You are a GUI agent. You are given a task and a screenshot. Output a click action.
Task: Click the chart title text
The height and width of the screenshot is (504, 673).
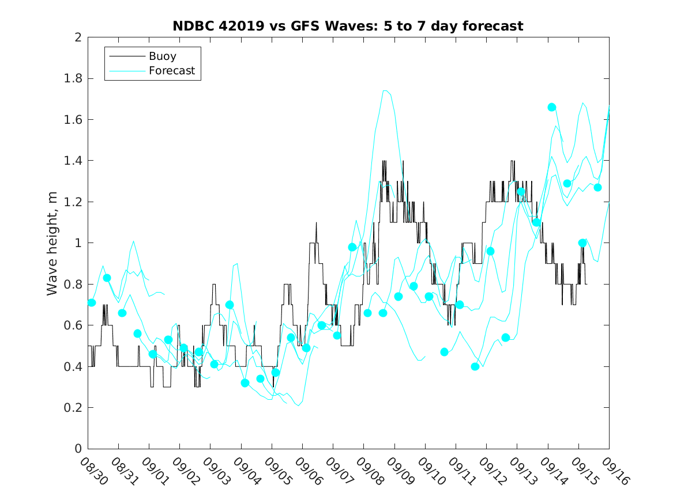[348, 26]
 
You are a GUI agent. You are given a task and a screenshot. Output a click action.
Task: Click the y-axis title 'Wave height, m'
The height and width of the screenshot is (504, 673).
[53, 243]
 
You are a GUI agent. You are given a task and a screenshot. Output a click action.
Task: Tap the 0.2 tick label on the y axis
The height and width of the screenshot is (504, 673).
[73, 408]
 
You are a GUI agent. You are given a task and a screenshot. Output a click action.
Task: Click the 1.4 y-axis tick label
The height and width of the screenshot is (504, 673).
[73, 161]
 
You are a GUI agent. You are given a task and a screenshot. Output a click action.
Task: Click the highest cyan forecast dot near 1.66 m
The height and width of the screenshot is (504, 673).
[552, 107]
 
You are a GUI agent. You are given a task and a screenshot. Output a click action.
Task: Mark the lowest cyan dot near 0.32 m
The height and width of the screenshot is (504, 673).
[245, 383]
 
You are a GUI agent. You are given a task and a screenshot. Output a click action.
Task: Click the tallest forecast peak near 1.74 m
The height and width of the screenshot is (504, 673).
[385, 90]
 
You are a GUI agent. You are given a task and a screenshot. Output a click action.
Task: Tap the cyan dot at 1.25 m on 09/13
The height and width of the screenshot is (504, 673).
[521, 192]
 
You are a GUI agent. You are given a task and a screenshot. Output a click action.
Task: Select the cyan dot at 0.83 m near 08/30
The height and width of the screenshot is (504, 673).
[107, 278]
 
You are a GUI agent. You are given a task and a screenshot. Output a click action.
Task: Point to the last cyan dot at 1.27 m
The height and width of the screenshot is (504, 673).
[597, 187]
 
